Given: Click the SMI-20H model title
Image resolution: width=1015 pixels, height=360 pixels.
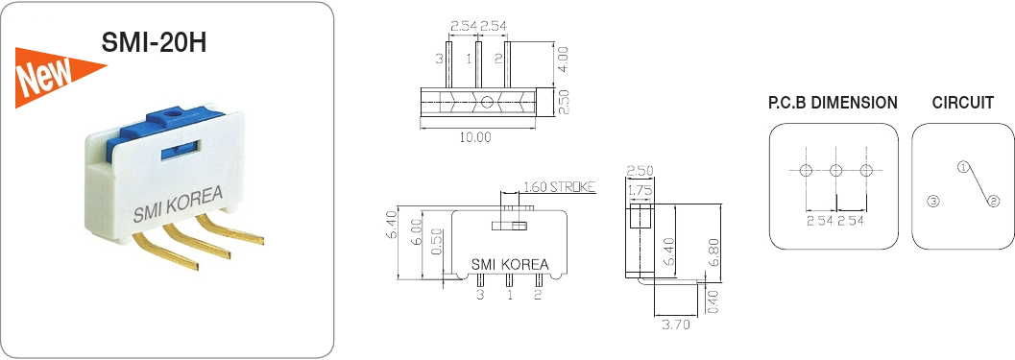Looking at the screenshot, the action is tap(154, 43).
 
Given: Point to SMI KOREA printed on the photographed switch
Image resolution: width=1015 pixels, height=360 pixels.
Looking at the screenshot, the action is tap(178, 203).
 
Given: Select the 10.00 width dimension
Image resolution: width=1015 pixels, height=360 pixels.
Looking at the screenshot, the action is tap(475, 136).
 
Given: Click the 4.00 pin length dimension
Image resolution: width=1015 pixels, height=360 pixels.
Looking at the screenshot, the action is tap(563, 60).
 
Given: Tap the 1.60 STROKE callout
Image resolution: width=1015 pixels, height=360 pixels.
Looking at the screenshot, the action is tap(559, 187).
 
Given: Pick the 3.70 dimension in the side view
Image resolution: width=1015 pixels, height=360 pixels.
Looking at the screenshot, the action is tap(674, 324).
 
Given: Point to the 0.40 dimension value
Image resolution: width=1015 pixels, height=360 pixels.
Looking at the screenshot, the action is tap(713, 300).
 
